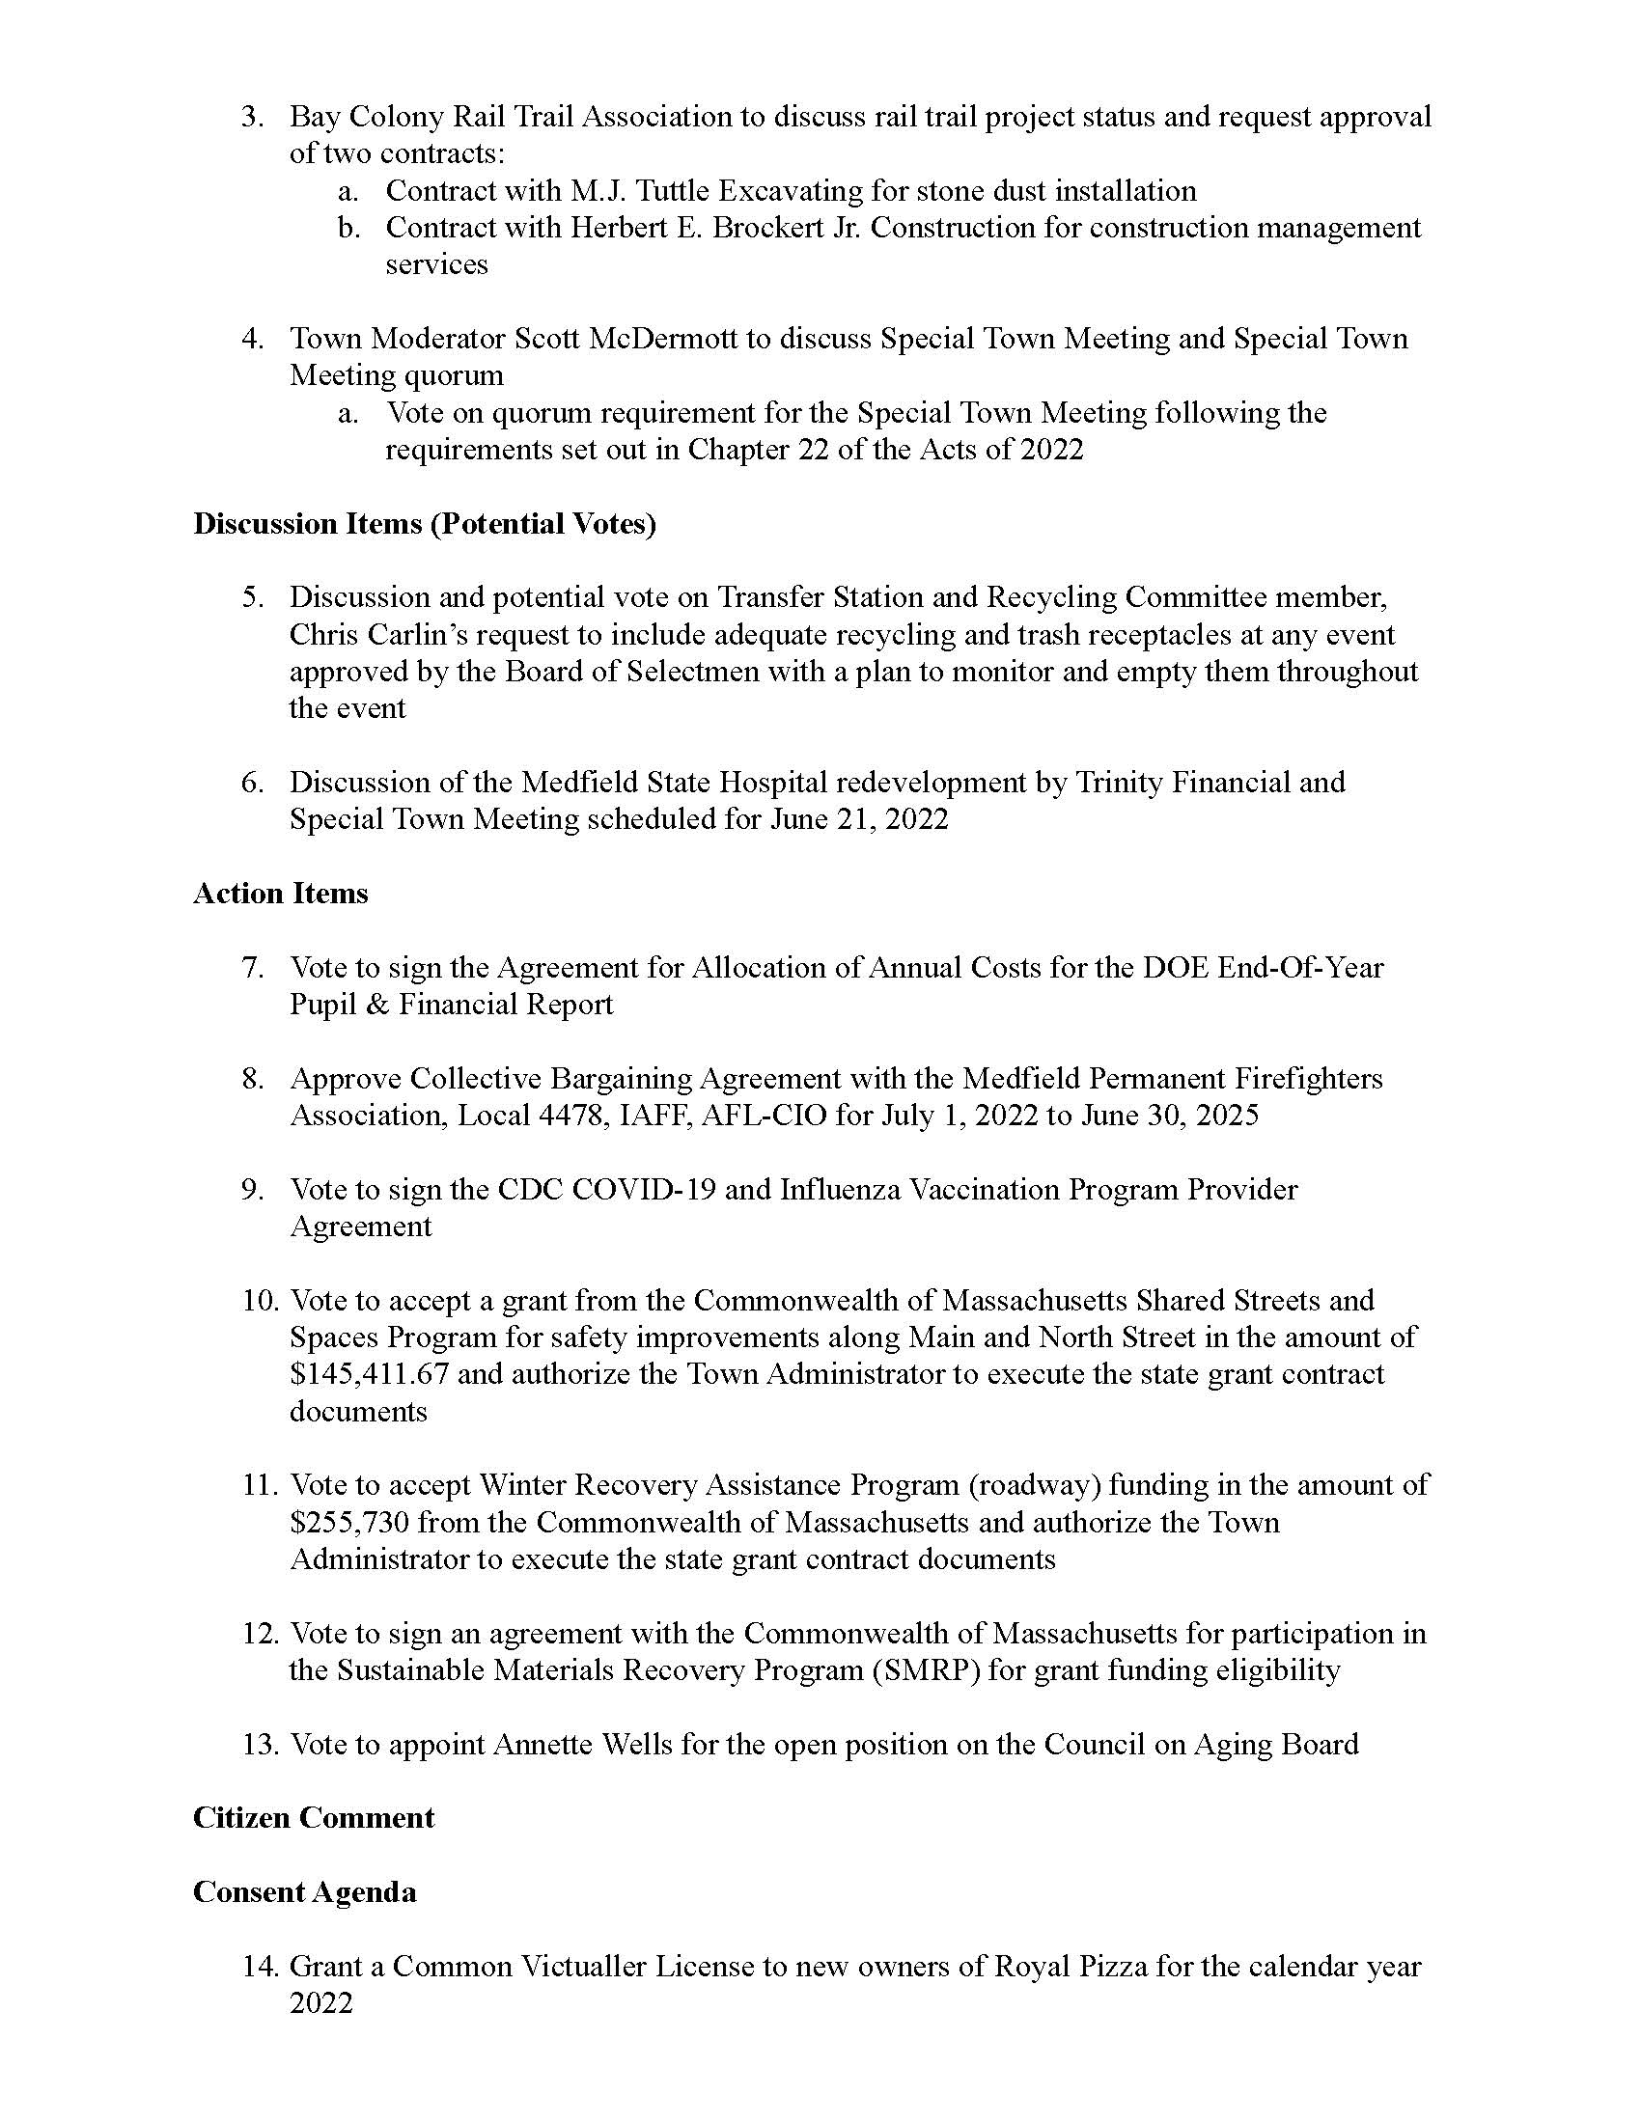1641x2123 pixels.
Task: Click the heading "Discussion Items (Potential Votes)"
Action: tap(425, 524)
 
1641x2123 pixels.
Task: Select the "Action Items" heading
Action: tap(280, 894)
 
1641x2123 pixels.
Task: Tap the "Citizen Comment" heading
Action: tap(313, 1817)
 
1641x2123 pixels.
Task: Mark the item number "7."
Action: tap(252, 967)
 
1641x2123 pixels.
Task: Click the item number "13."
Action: tap(261, 1744)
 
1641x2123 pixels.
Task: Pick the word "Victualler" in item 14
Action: tap(576, 1967)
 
